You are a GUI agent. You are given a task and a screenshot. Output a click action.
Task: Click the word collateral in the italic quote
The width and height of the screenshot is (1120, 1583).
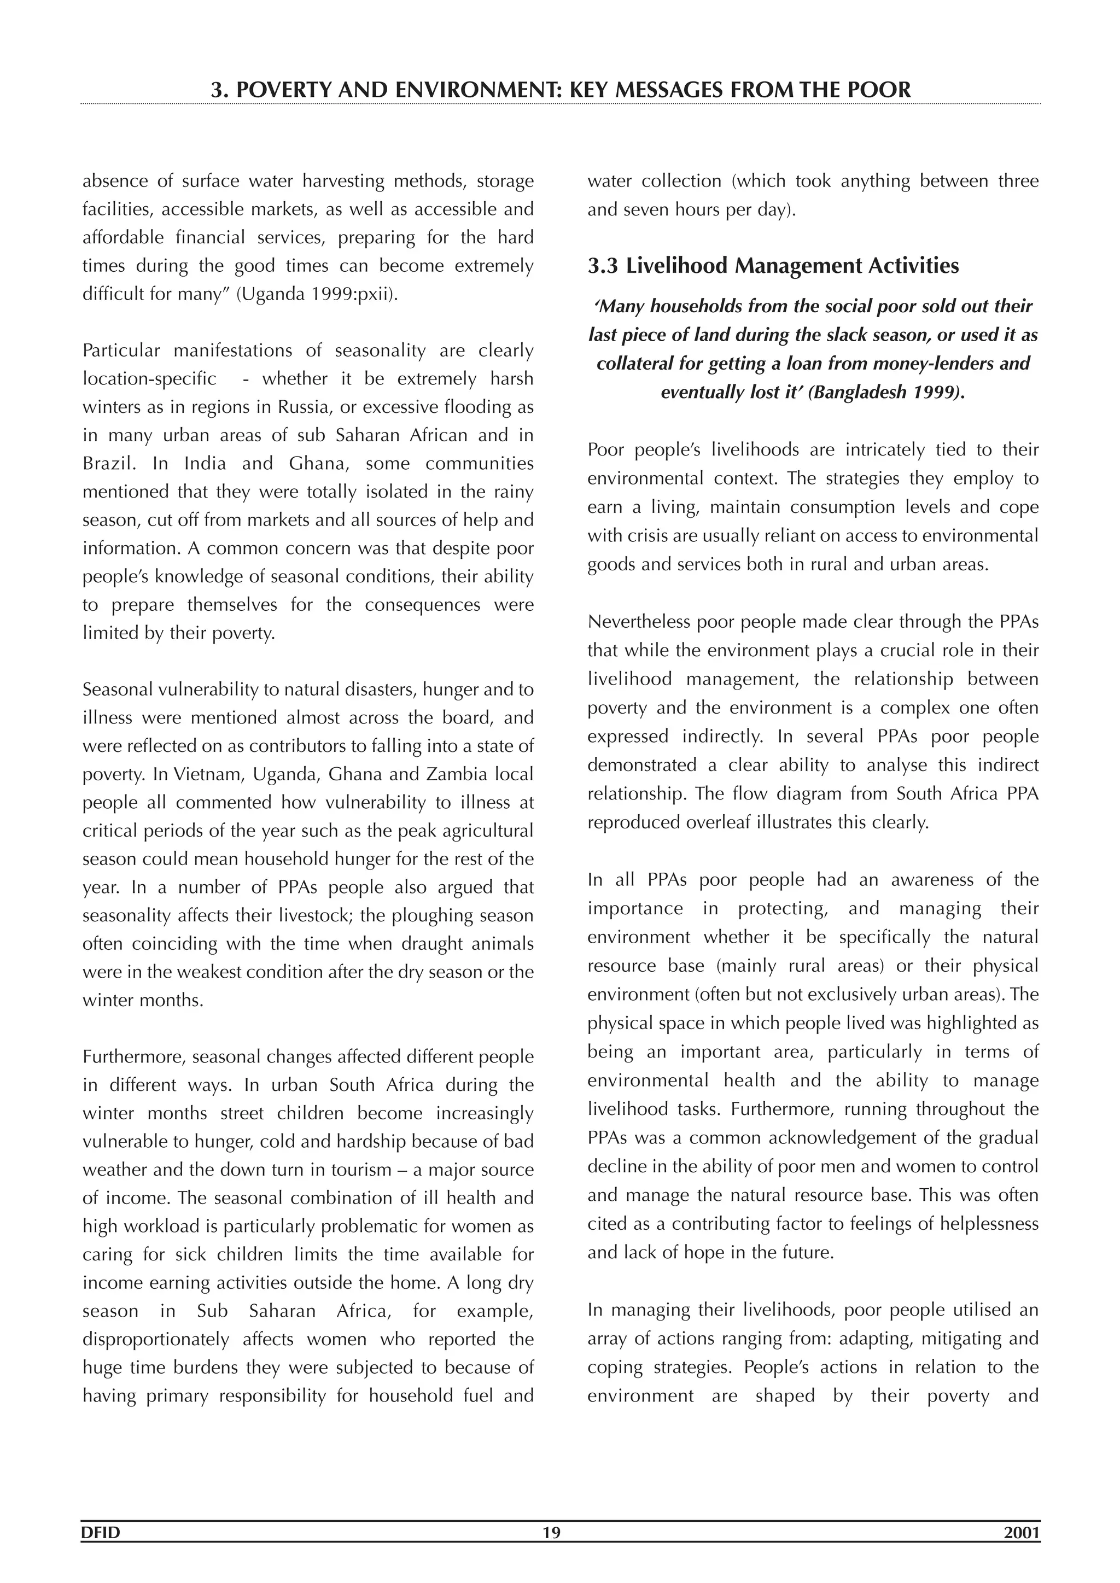click(x=628, y=363)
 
